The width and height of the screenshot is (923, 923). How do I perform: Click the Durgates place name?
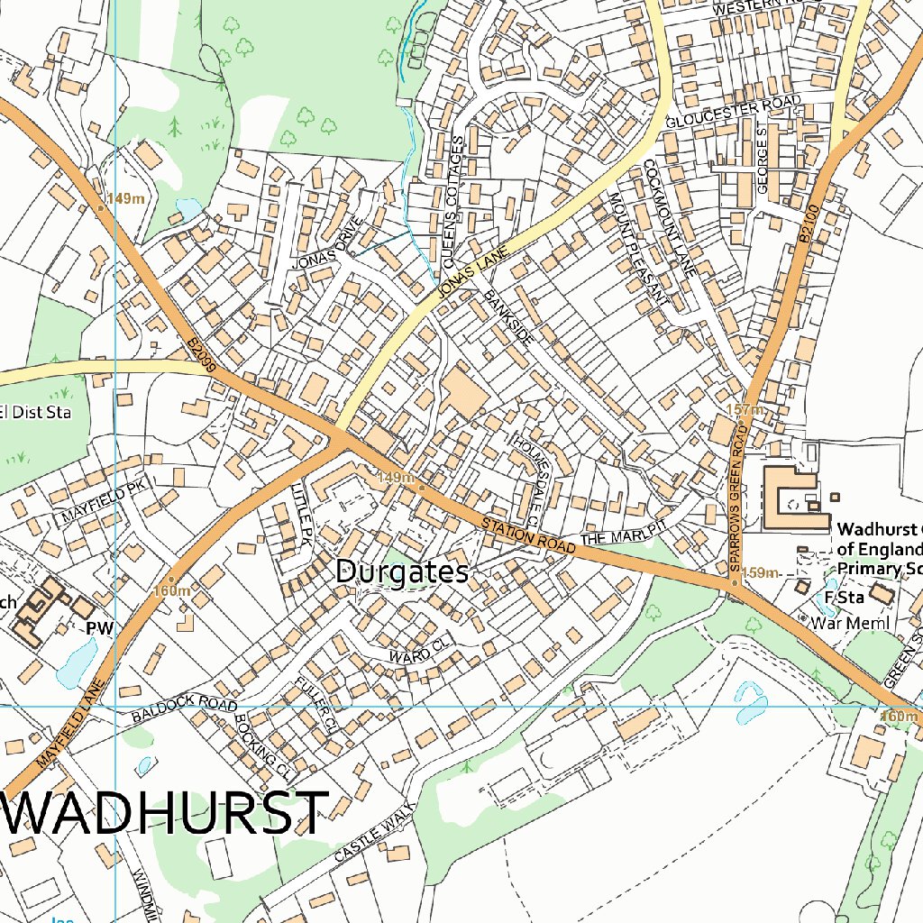tap(402, 571)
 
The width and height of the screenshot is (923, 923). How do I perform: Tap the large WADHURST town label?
tap(167, 813)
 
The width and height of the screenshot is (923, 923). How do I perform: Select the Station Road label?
tap(527, 536)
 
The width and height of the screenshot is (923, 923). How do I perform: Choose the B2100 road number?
tap(808, 224)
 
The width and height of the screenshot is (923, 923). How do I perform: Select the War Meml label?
tap(850, 623)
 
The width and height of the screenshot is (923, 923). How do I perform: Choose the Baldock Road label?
tap(184, 710)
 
